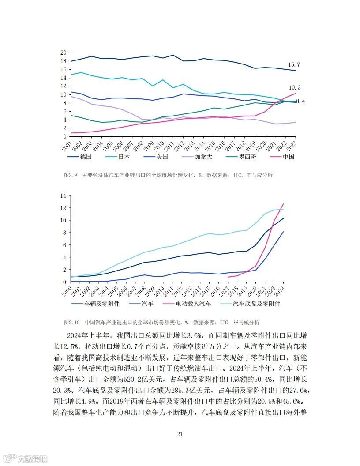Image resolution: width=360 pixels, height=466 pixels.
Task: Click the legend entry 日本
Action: pos(124,157)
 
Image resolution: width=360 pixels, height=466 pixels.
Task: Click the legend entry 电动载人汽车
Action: pos(193,304)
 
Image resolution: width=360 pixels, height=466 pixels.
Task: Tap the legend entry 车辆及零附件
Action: pos(102,304)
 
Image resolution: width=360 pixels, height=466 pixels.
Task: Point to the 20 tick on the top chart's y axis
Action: pos(63,53)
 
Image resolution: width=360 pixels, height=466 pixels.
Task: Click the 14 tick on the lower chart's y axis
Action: pos(63,195)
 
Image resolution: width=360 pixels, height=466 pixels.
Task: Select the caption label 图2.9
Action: pos(71,175)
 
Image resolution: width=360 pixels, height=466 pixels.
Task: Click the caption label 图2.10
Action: pos(72,322)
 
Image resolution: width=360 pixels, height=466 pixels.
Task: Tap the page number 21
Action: pos(180,434)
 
